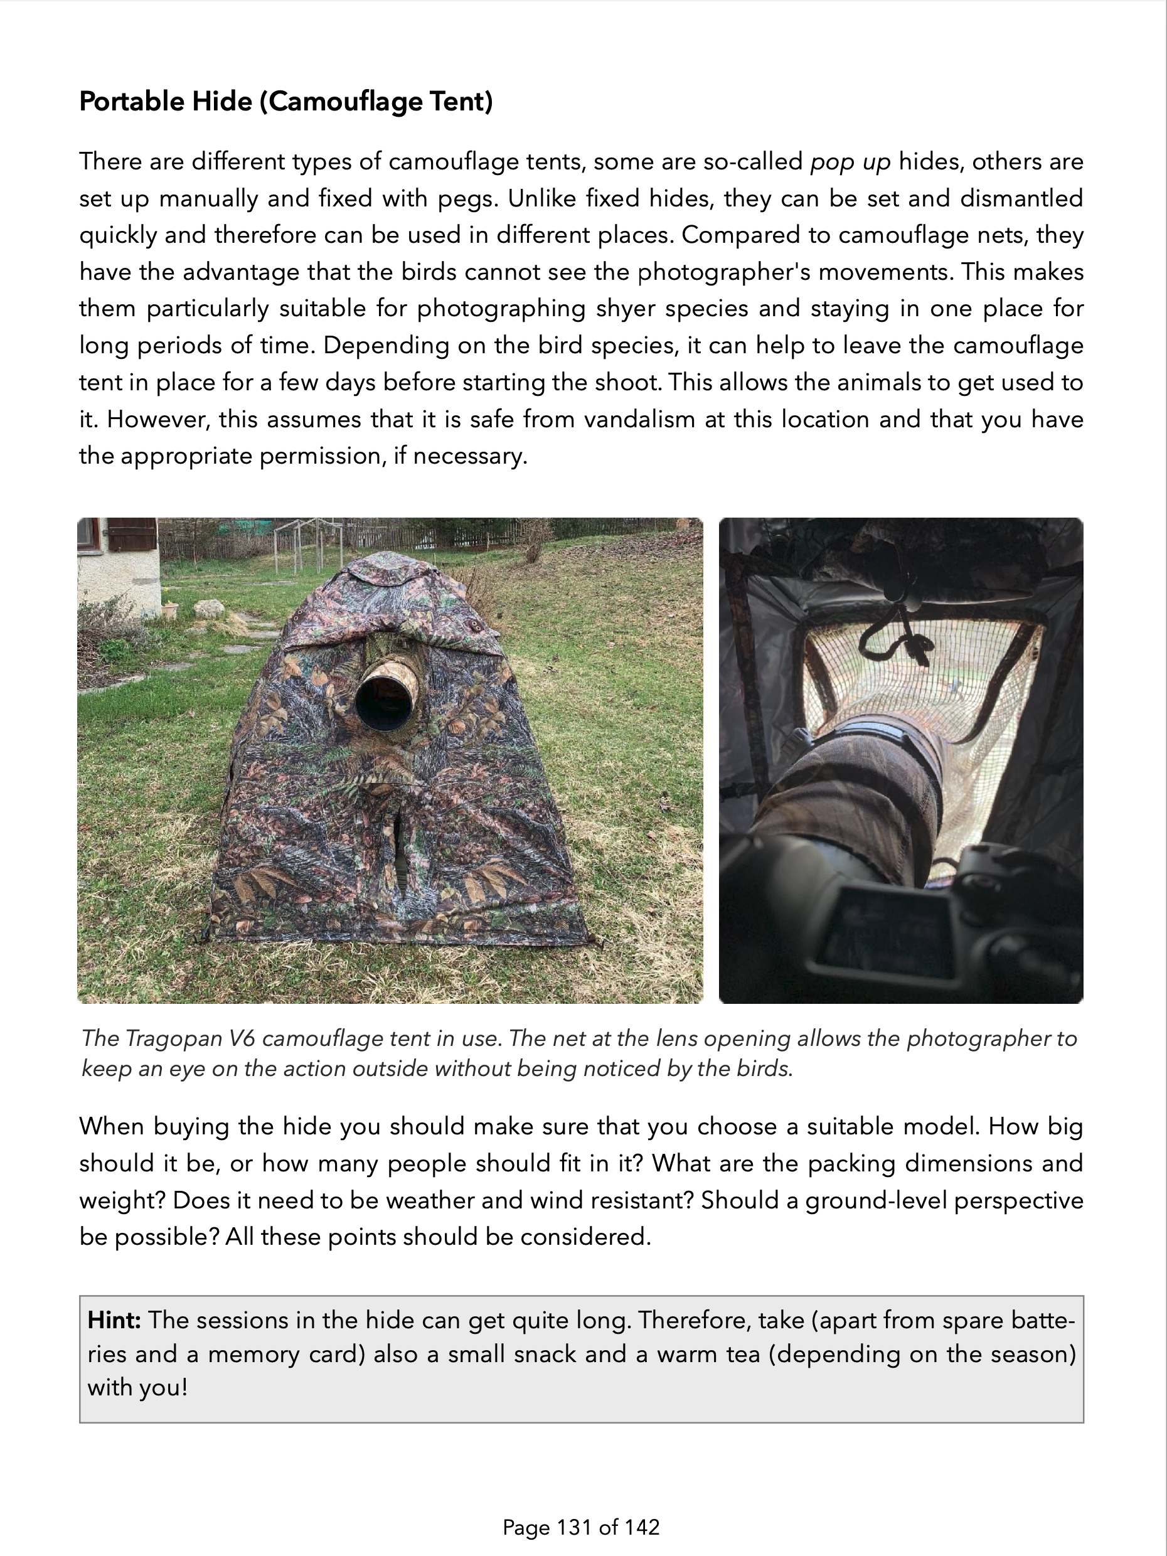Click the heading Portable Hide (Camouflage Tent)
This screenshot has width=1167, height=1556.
[285, 102]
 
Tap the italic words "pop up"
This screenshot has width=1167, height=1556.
[850, 162]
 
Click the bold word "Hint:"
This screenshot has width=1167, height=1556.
[114, 1319]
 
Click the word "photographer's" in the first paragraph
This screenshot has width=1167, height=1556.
[716, 272]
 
